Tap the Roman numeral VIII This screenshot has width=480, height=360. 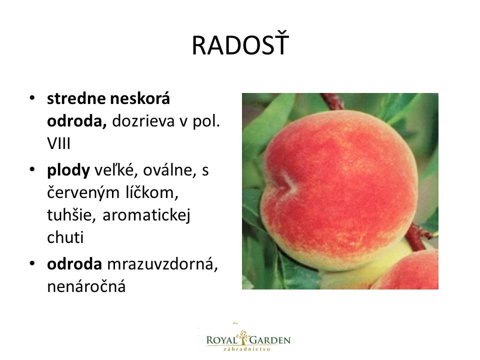tap(59, 143)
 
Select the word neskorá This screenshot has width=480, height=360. tap(140, 98)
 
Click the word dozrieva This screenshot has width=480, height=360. tap(143, 121)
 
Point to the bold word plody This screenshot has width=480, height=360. tap(68, 170)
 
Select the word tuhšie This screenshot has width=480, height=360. tap(71, 214)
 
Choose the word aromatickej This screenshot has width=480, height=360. tap(146, 215)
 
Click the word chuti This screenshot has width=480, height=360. tap(65, 237)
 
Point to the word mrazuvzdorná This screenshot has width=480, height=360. tap(162, 264)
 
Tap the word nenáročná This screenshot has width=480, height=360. tap(86, 287)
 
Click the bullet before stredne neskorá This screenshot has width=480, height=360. tap(32, 98)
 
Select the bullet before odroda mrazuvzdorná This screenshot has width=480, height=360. tap(32, 264)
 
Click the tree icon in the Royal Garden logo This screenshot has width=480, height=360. tap(243, 337)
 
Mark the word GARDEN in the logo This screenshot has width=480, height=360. tap(270, 340)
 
